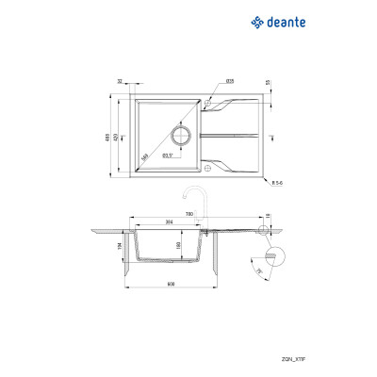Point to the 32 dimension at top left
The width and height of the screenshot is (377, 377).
pyautogui.click(x=123, y=84)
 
